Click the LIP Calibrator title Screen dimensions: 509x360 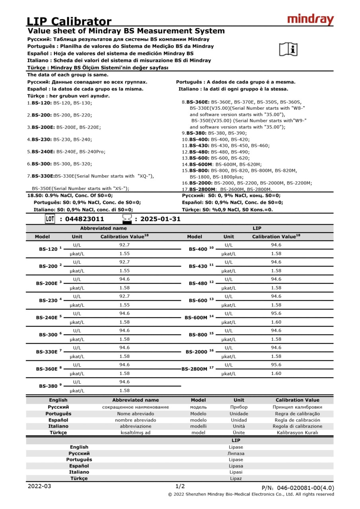click(x=69, y=21)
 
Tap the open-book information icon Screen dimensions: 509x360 click(x=288, y=49)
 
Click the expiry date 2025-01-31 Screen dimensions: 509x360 click(x=160, y=219)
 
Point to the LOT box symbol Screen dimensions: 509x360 click(x=50, y=219)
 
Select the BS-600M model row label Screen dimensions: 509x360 click(x=196, y=318)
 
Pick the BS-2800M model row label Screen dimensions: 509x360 click(x=195, y=369)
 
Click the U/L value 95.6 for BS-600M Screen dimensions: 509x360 click(x=276, y=313)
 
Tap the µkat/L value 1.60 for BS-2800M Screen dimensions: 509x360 click(x=276, y=373)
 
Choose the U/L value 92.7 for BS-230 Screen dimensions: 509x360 click(x=125, y=296)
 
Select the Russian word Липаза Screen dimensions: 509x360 click(x=236, y=453)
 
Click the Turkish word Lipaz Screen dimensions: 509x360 click(x=236, y=478)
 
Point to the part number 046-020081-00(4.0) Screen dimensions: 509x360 click(x=298, y=488)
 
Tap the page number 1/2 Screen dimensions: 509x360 click(x=180, y=486)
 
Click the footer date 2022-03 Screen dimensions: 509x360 click(x=39, y=486)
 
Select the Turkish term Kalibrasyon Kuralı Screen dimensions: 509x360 click(x=298, y=433)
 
